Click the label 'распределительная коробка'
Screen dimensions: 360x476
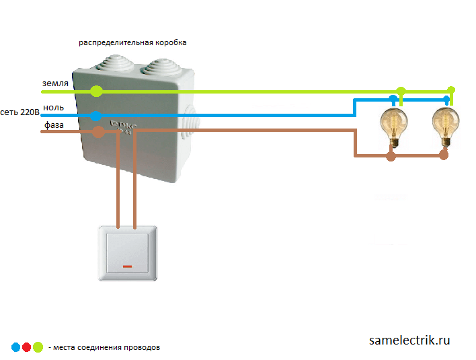(x=132, y=42)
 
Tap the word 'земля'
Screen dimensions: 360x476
(x=55, y=83)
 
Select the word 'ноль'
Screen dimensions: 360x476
(x=54, y=107)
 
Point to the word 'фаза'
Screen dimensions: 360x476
(x=54, y=124)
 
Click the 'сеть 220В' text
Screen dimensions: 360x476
(x=19, y=112)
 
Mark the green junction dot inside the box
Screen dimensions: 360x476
(x=97, y=91)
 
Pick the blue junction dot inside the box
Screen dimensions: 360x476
(x=97, y=116)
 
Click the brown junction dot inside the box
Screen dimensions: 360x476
(x=98, y=132)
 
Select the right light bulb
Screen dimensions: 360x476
(x=444, y=126)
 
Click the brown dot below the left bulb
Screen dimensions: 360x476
(x=391, y=156)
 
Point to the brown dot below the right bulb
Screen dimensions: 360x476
(x=443, y=155)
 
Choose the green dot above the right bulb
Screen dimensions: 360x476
(x=451, y=90)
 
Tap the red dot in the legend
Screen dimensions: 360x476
(x=27, y=347)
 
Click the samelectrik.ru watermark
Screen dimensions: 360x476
(x=409, y=340)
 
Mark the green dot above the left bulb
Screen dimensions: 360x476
(x=401, y=91)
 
